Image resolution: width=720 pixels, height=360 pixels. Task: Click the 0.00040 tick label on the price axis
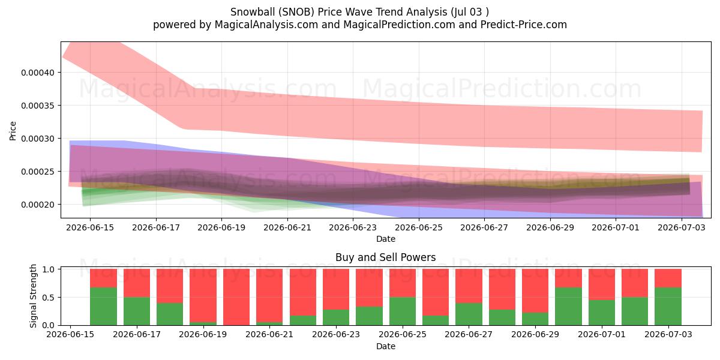(38, 73)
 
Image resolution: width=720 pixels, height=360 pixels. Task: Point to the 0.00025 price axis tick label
(38, 172)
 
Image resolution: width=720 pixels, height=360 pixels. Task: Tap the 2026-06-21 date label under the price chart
(287, 227)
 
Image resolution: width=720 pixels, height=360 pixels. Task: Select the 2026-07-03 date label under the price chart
(682, 227)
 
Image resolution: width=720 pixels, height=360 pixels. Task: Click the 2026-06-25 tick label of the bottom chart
(403, 334)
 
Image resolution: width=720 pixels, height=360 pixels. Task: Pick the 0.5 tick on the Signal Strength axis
(48, 298)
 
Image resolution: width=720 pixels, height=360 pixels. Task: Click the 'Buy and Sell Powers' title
(386, 257)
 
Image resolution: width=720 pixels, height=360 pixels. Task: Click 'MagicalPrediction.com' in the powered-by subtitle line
(399, 25)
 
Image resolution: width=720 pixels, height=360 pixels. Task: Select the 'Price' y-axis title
(13, 131)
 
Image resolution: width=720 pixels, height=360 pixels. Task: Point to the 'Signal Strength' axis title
(33, 296)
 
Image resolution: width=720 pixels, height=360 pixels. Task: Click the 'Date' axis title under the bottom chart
(386, 346)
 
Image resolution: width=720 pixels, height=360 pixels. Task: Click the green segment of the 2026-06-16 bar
(103, 307)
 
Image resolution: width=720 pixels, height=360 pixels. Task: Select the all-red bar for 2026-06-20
(236, 297)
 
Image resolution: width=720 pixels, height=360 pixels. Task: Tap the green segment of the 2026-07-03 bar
(668, 307)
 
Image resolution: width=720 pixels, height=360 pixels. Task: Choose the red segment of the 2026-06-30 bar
(568, 278)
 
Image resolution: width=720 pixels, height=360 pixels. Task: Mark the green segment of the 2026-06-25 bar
(403, 311)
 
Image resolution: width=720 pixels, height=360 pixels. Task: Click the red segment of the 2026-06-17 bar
(137, 283)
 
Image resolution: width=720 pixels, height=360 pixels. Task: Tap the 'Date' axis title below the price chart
(386, 239)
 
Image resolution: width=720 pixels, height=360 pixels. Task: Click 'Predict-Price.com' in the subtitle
(524, 25)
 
